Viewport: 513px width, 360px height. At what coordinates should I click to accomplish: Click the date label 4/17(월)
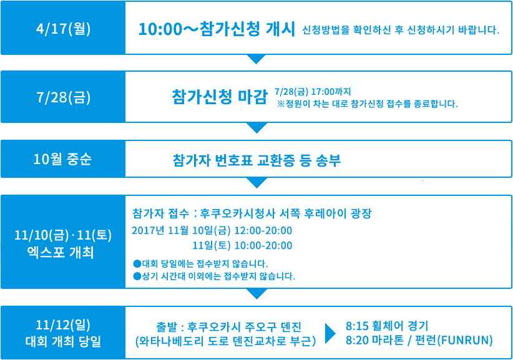(x=63, y=29)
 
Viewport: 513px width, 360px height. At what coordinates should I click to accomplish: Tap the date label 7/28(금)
(x=63, y=97)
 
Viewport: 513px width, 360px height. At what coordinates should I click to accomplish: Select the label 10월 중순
(x=62, y=159)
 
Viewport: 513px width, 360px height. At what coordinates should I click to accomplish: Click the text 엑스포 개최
(x=61, y=253)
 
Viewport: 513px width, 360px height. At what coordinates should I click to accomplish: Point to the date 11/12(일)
(x=63, y=325)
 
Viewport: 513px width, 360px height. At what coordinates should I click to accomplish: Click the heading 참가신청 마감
(x=220, y=97)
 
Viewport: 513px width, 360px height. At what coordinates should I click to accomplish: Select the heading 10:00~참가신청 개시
(x=217, y=29)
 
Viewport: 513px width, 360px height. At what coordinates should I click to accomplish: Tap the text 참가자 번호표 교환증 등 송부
(x=257, y=160)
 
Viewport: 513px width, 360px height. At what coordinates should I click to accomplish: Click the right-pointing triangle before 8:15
(x=330, y=333)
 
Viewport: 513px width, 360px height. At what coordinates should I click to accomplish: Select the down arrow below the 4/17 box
(x=256, y=59)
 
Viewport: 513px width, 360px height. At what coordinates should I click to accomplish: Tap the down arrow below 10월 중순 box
(x=257, y=183)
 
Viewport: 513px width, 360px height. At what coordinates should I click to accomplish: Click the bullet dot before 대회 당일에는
(x=137, y=263)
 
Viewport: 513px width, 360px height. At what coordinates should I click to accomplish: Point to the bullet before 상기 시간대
(x=137, y=276)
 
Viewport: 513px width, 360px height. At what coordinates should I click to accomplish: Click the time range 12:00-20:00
(x=263, y=230)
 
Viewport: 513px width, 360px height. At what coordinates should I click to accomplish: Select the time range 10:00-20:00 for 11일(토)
(x=263, y=246)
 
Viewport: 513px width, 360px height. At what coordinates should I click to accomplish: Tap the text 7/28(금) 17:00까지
(x=313, y=92)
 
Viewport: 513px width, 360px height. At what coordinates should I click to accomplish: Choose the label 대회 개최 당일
(x=63, y=342)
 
